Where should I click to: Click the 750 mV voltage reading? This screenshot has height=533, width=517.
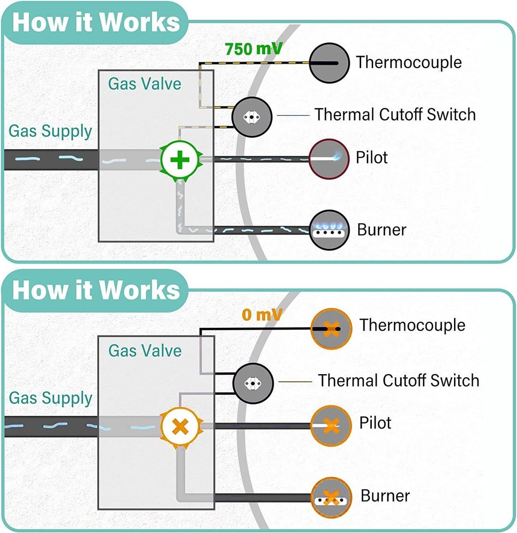pos(253,49)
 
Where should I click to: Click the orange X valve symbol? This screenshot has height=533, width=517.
pos(181,426)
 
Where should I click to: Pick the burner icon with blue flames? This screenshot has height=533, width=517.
pos(331,230)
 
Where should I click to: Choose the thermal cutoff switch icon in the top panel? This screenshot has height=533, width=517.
pos(252,116)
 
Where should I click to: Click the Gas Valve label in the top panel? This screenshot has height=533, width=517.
pos(145,84)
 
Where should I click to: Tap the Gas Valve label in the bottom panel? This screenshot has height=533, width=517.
pos(145,351)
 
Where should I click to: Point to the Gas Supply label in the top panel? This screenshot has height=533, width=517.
pos(50,131)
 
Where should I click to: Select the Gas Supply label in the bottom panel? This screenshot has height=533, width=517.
pos(50,398)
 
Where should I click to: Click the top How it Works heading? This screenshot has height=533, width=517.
pos(96,22)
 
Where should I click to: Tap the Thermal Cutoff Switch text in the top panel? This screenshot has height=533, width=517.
pos(395,114)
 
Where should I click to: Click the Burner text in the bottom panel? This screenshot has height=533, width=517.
pos(385,496)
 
